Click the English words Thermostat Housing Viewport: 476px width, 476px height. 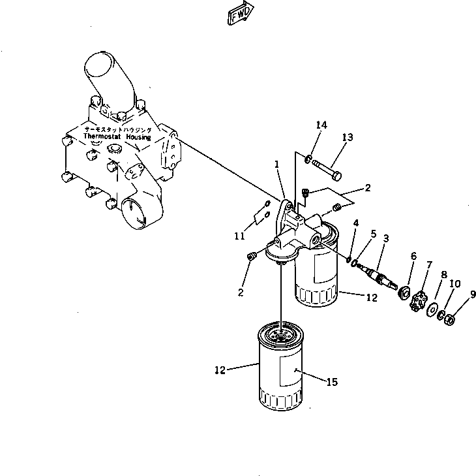pos(117,138)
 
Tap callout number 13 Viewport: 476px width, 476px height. pos(347,137)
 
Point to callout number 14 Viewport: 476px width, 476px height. pos(321,125)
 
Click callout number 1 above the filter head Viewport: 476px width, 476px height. pos(277,165)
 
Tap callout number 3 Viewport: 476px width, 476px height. pos(387,240)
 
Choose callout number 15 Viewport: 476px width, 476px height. pos(332,383)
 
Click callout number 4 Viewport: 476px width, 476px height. pos(355,225)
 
